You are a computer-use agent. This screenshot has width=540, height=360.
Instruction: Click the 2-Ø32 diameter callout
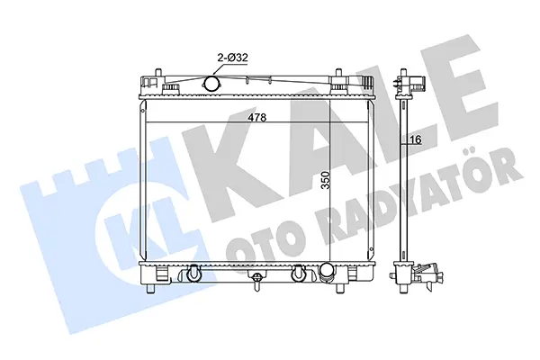(x=232, y=58)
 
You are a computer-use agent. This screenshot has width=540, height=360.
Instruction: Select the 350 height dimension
(x=325, y=180)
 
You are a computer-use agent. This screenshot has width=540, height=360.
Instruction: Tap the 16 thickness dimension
(x=416, y=139)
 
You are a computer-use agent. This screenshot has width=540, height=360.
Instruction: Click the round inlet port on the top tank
(x=211, y=83)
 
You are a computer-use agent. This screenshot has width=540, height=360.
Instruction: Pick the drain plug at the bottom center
(x=256, y=281)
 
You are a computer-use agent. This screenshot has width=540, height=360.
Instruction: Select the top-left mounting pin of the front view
(x=158, y=74)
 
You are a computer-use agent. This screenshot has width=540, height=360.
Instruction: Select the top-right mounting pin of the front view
(x=338, y=74)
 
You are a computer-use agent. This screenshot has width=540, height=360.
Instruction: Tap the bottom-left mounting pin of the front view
(x=150, y=289)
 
